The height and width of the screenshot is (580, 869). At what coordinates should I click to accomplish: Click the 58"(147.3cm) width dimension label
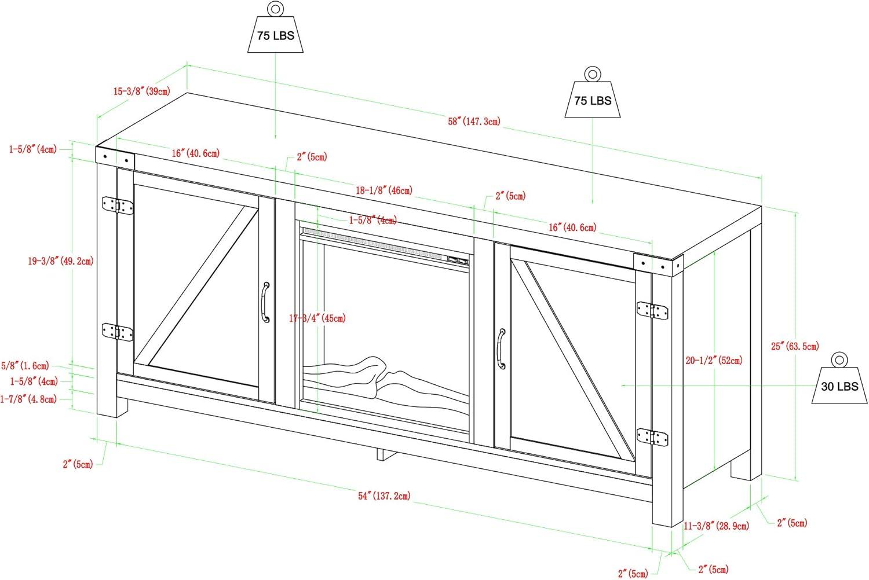tap(474, 122)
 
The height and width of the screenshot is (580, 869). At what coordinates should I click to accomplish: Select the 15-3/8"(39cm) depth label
tap(141, 91)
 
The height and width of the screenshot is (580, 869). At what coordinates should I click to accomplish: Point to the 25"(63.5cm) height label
tap(794, 346)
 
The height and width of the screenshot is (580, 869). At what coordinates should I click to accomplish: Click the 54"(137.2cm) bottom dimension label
tap(384, 495)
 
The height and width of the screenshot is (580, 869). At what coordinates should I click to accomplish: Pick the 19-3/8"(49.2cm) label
tap(60, 261)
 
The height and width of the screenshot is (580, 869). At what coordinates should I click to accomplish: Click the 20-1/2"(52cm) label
tap(714, 361)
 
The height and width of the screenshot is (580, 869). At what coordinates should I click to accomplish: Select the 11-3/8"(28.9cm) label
tap(716, 526)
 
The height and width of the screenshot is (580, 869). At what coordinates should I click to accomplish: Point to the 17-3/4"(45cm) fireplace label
tap(317, 318)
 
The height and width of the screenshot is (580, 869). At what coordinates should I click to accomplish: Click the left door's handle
tap(265, 302)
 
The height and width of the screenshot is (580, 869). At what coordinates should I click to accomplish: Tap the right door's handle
tap(501, 348)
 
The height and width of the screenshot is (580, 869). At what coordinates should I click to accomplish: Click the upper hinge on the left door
tap(117, 205)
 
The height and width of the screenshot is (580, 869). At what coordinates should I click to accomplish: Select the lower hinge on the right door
tap(652, 436)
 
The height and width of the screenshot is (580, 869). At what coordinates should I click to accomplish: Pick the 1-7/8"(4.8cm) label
tap(29, 398)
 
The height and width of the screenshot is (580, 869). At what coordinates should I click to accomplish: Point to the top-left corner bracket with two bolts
tap(115, 156)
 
